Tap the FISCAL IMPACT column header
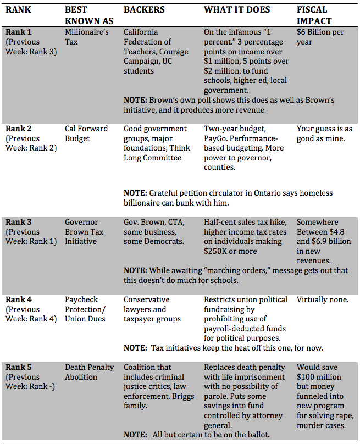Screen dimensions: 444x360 (314, 15)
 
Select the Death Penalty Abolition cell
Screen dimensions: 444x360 (89, 372)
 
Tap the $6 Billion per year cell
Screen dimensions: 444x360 (320, 37)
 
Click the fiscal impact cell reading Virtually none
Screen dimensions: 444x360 (323, 300)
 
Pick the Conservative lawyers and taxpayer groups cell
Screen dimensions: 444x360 (152, 309)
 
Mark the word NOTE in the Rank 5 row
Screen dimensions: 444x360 (135, 434)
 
